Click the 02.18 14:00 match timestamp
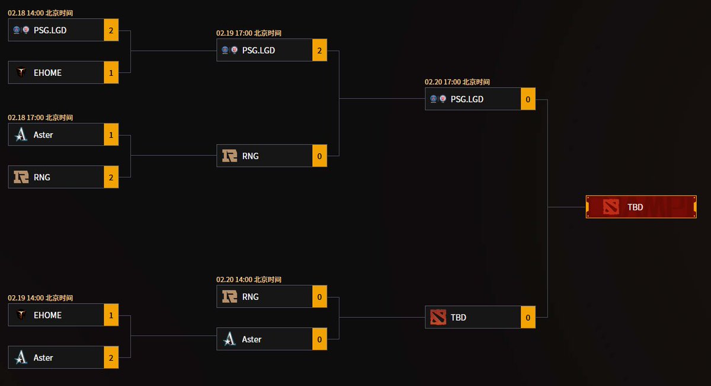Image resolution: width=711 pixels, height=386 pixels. coord(40,12)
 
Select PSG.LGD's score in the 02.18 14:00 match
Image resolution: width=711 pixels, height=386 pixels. coord(111,30)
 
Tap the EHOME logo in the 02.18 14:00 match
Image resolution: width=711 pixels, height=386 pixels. coord(21,72)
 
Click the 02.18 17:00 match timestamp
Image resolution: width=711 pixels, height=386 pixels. coord(40,117)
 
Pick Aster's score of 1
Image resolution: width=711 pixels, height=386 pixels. coord(111,135)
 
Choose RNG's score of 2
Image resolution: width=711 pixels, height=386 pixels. coord(111,177)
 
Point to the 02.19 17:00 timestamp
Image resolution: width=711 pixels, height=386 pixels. coord(249,33)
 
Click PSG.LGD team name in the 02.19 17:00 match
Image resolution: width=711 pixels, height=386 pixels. coord(258,50)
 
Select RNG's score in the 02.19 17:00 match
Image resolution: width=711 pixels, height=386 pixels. coord(319,156)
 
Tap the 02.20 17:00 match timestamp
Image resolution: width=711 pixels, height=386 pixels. coord(457,82)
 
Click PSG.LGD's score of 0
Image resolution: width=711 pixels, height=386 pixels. coord(528,99)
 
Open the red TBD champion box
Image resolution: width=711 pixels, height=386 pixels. coord(640,207)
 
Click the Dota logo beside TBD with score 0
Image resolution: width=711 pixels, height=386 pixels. coord(437,317)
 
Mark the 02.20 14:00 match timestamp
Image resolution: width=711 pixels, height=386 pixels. coord(249,279)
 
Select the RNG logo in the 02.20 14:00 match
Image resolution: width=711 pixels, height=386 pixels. coord(229,296)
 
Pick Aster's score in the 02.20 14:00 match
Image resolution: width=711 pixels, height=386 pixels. coord(319,339)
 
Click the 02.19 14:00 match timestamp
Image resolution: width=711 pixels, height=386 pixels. coord(40,298)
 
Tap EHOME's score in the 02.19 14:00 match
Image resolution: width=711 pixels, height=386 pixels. coord(111,315)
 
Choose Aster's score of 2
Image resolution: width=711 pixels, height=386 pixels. coord(111,358)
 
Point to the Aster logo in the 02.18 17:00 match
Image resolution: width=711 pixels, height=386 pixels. coord(21,135)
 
